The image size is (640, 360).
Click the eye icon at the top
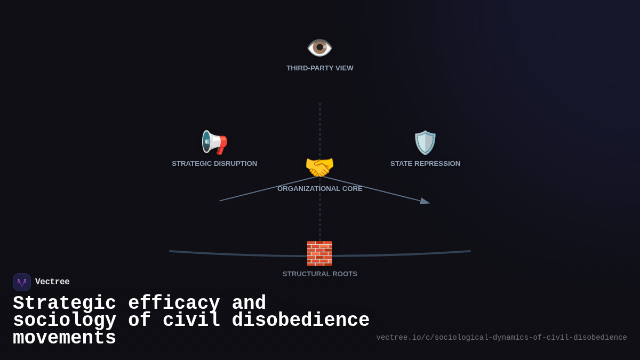click(x=320, y=47)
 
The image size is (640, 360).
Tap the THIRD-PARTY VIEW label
click(x=320, y=68)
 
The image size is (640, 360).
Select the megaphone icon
click(x=214, y=142)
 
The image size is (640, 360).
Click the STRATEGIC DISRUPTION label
click(x=214, y=164)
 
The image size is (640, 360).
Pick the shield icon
click(x=425, y=142)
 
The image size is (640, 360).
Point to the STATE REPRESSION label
click(x=425, y=164)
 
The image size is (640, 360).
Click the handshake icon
click(x=319, y=167)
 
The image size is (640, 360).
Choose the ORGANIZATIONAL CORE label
click(x=320, y=189)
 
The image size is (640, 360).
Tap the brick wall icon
click(x=319, y=253)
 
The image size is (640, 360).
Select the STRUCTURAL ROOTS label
click(x=320, y=274)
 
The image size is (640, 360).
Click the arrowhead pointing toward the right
click(x=425, y=201)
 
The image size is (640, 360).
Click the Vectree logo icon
click(x=22, y=282)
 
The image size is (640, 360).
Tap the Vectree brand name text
click(x=52, y=282)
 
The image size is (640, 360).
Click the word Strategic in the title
click(x=65, y=303)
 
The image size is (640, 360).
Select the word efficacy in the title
click(x=174, y=303)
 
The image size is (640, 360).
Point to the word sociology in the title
click(x=65, y=321)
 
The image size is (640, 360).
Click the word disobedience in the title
click(x=300, y=321)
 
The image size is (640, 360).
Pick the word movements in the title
click(x=65, y=338)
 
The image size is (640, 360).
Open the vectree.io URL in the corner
click(x=501, y=338)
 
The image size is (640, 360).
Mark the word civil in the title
click(x=191, y=321)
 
